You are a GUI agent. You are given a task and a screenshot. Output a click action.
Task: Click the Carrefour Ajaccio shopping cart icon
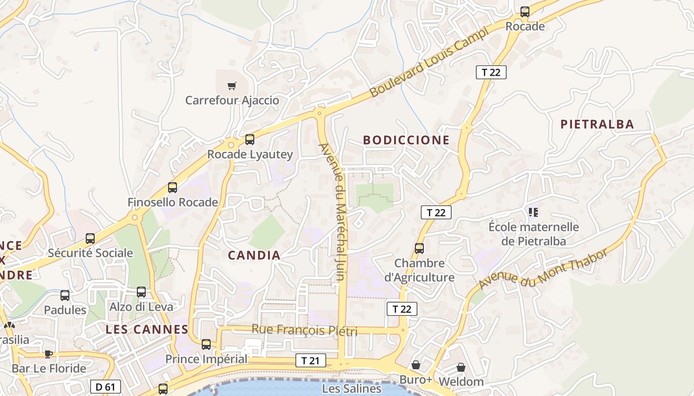coord(231,86)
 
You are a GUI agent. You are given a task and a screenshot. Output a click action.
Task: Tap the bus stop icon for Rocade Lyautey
coord(250,140)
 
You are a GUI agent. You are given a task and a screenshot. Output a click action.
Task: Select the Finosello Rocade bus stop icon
coord(173,188)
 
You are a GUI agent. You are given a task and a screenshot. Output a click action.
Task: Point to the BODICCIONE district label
coord(406,140)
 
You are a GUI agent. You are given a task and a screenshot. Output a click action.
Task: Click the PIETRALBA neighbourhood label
coord(597,124)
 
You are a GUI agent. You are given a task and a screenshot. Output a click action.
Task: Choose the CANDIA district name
coord(254,255)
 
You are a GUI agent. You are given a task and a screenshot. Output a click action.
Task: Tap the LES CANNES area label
coord(147,329)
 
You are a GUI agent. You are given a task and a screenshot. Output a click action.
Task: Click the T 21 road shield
coord(310,360)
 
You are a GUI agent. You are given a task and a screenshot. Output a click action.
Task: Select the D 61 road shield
coord(106,387)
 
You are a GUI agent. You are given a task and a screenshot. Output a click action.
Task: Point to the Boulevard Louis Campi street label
coord(429,62)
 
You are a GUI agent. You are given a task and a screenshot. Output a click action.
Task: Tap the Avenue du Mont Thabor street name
coord(543,270)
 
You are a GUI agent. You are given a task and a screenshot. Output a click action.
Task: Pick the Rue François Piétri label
coord(304,330)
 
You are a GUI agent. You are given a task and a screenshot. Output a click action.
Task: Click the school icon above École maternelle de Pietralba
coord(533,212)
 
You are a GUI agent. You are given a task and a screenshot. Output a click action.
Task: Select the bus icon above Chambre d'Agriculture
coord(419,248)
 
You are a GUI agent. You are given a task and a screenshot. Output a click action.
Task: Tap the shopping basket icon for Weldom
coord(461,367)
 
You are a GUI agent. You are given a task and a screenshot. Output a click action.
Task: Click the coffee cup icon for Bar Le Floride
coord(48,354)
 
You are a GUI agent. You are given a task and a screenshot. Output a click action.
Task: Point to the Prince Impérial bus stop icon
coord(206,344)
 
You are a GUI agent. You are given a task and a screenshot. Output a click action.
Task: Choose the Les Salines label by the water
coord(352,389)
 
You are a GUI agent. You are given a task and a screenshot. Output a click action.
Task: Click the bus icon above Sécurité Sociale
coord(90,239)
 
